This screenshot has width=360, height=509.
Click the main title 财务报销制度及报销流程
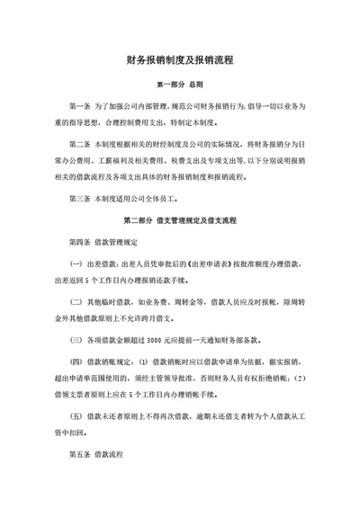pos(182,62)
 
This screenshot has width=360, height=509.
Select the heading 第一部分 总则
pos(181,85)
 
